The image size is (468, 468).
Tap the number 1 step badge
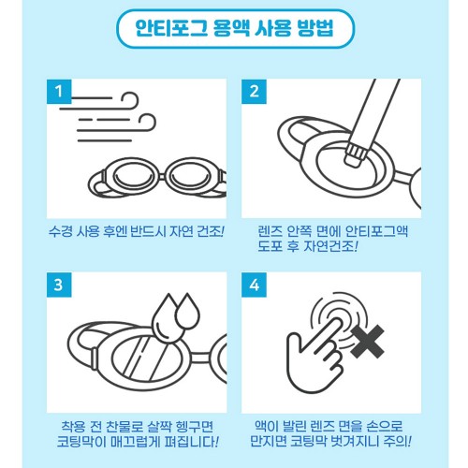point(60,93)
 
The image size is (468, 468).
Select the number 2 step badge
point(256,93)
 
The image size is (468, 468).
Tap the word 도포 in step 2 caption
point(272,246)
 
